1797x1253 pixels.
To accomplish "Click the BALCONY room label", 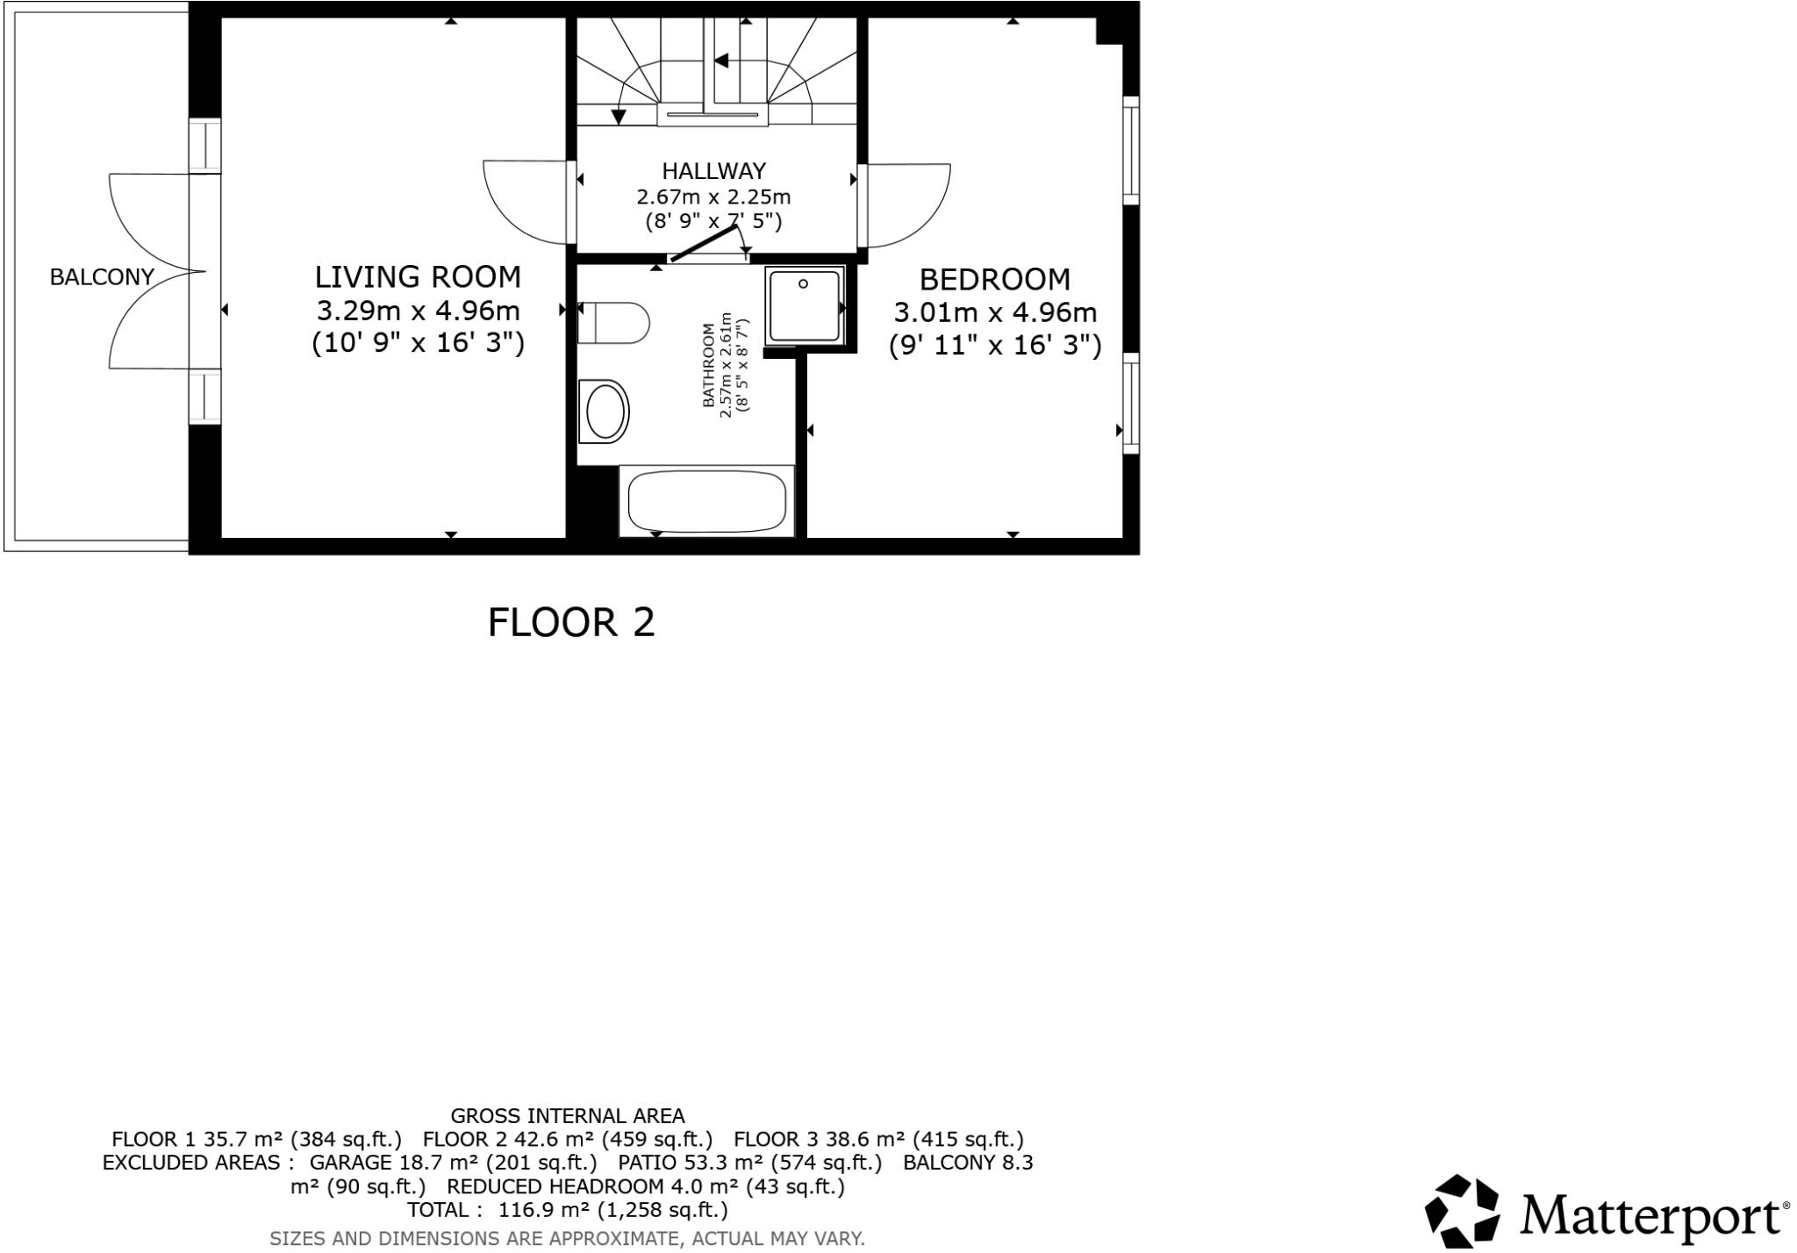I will pos(102,277).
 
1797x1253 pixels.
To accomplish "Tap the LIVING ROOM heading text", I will pos(418,277).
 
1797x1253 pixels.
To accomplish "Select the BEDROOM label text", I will pos(994,280).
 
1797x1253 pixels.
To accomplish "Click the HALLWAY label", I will pos(713,170).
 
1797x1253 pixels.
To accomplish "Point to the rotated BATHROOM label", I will pos(709,365).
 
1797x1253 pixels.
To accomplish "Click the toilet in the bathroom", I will pos(613,323).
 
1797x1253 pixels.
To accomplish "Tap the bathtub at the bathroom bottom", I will pos(706,501).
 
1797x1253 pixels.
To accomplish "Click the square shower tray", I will pos(805,305).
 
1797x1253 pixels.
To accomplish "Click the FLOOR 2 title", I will pos(571,623).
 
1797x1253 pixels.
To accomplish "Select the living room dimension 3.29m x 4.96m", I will pos(418,311).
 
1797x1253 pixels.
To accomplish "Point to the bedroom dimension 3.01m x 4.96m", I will pos(995,312).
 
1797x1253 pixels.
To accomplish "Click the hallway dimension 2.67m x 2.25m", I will pos(713,197).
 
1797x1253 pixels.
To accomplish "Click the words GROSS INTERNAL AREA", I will pos(567,1116).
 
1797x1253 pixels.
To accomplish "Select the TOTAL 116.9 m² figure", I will pos(567,1211).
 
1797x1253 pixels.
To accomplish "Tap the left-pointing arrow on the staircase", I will pos(721,61).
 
